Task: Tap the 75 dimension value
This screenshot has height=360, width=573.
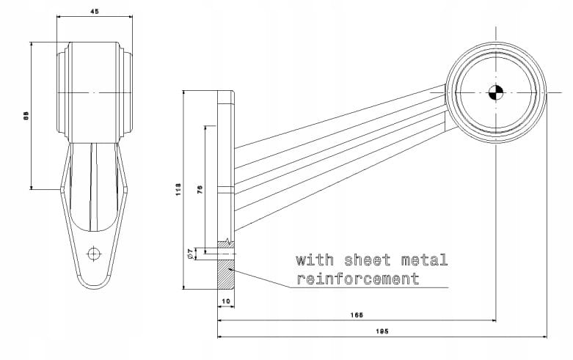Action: click(x=200, y=188)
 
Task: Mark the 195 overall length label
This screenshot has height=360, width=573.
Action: click(x=382, y=331)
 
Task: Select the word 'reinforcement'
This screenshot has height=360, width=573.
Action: click(x=357, y=279)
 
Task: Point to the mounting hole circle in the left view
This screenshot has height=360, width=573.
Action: click(x=93, y=254)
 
